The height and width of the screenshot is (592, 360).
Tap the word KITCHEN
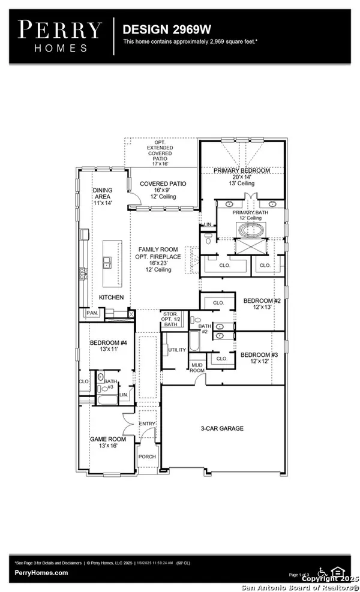pyautogui.click(x=112, y=297)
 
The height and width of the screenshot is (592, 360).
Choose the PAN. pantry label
pyautogui.click(x=92, y=312)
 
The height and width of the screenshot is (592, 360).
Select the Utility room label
pyautogui.click(x=177, y=349)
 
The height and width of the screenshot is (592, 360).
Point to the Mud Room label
pyautogui.click(x=198, y=367)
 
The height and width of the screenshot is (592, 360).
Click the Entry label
pyautogui.click(x=147, y=423)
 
